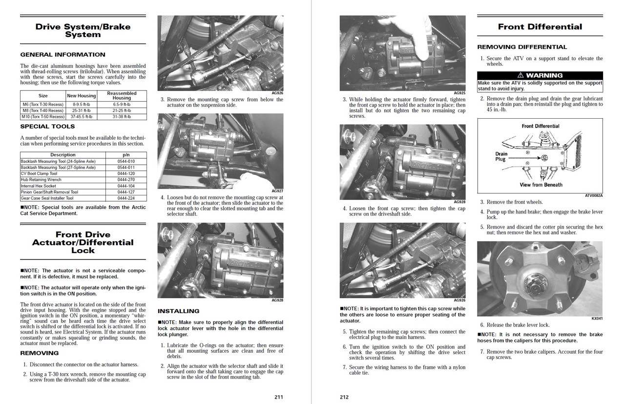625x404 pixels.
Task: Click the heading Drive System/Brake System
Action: pyautogui.click(x=83, y=30)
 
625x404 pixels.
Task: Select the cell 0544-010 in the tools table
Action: pyautogui.click(x=126, y=161)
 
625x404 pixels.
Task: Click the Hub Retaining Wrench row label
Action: pyautogui.click(x=40, y=180)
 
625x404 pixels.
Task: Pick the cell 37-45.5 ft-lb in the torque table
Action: pyautogui.click(x=82, y=117)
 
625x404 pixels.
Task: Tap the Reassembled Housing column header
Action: pyautogui.click(x=122, y=95)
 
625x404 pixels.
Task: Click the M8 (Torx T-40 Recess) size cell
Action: pyautogui.click(x=42, y=110)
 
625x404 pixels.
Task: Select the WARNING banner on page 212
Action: pyautogui.click(x=540, y=75)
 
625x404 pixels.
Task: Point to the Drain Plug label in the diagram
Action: pyautogui.click(x=501, y=156)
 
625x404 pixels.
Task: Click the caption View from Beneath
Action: pyautogui.click(x=541, y=185)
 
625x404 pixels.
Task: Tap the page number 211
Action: pyautogui.click(x=278, y=397)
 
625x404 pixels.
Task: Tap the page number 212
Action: pyautogui.click(x=344, y=397)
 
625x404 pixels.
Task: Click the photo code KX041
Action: pyautogui.click(x=597, y=319)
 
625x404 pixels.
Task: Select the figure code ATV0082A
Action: pyautogui.click(x=593, y=195)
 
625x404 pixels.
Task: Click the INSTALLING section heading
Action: pyautogui.click(x=179, y=311)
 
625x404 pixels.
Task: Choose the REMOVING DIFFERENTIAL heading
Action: pyautogui.click(x=522, y=47)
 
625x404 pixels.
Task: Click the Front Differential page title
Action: pyautogui.click(x=540, y=27)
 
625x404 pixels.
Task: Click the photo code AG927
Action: pyautogui.click(x=277, y=191)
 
